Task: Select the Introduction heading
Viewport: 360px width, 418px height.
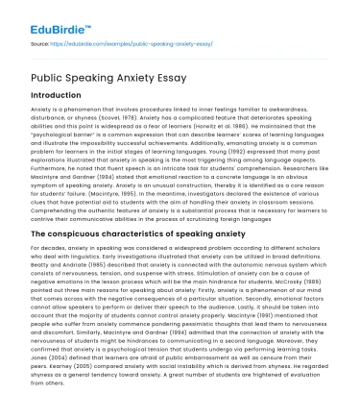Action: click(x=59, y=96)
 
